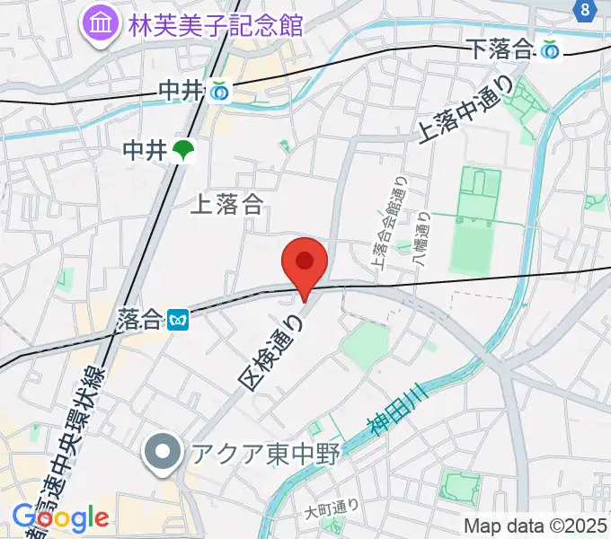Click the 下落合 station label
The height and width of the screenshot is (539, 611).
[500, 51]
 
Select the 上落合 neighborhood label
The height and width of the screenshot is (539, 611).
[226, 205]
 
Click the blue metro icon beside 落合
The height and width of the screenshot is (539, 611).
[179, 318]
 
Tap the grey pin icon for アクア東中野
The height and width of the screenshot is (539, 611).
[163, 453]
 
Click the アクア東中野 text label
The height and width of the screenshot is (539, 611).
[263, 453]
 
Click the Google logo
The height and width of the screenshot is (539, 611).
[60, 517]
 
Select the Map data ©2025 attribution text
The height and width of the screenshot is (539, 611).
[536, 526]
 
